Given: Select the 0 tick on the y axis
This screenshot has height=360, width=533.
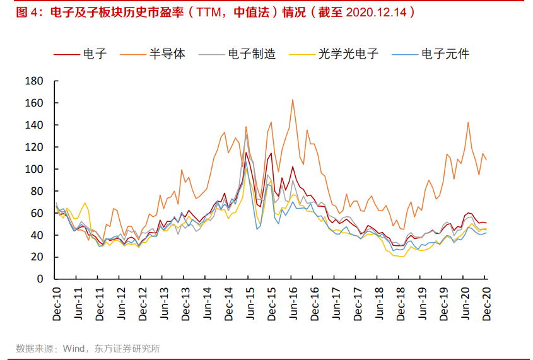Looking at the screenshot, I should (39, 279).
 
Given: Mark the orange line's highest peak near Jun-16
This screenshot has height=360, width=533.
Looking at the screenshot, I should (293, 100).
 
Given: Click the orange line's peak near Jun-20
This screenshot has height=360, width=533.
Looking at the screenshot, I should (468, 122).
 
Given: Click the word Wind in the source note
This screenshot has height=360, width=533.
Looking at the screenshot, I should (74, 348).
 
